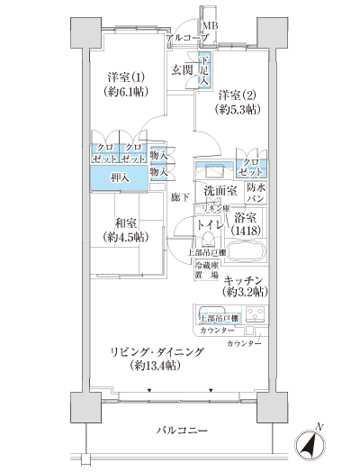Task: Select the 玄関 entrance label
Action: point(182,69)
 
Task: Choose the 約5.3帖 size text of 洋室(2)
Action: point(238,110)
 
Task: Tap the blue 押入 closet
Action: point(118,177)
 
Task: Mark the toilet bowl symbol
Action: point(210,238)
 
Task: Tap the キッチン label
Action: point(243,279)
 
